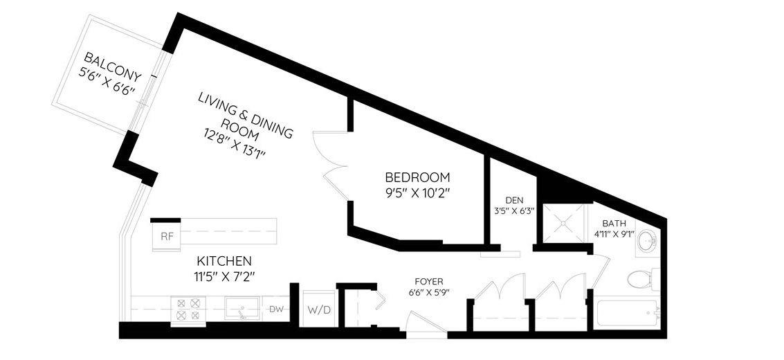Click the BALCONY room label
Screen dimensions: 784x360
click(113, 68)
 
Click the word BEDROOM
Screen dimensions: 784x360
click(417, 177)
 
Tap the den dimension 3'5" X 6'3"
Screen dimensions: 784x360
click(511, 210)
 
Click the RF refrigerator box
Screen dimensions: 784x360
click(166, 237)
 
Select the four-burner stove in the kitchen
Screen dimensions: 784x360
click(188, 309)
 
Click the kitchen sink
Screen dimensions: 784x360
click(242, 309)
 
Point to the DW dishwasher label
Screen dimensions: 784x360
click(276, 309)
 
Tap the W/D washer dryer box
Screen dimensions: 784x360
click(319, 309)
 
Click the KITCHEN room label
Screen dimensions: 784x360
click(224, 260)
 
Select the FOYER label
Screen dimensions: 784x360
click(428, 282)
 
